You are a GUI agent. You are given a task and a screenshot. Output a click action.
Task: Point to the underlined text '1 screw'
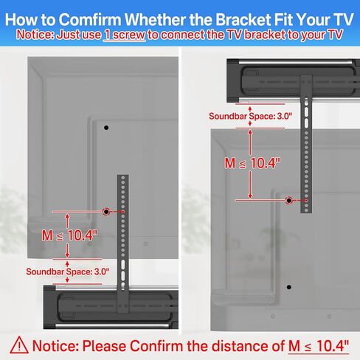point(122,34)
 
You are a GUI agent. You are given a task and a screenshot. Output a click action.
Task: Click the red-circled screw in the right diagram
point(288,200)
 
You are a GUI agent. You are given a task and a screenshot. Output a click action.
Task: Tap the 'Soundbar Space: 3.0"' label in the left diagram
point(67,271)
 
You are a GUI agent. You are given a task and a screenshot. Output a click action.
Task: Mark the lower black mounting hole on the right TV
point(288,286)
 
